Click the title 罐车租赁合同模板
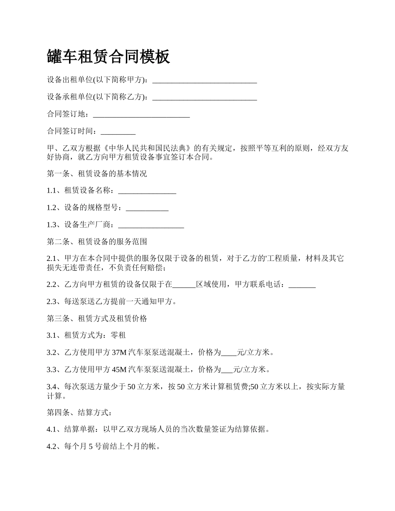109,57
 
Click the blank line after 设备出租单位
205,80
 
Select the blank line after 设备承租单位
205,97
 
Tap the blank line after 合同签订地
141,114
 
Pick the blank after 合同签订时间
118,132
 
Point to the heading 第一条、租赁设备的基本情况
97,174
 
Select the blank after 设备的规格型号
147,208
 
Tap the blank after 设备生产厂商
151,225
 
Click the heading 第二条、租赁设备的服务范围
97,241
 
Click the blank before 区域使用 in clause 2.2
184,285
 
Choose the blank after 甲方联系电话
302,285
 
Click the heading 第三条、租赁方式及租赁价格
97,319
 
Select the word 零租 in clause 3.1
118,335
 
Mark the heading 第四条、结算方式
79,413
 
